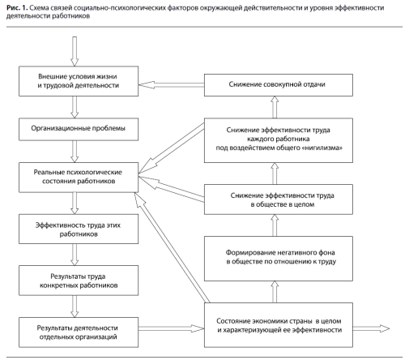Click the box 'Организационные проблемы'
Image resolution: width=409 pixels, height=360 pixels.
pyautogui.click(x=79, y=129)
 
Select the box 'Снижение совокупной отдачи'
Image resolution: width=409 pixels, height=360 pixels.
pyautogui.click(x=279, y=85)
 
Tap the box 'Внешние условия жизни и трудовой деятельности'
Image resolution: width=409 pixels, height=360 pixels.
pyautogui.click(x=79, y=81)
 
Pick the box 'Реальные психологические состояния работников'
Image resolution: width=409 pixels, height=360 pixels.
pyautogui.click(x=79, y=178)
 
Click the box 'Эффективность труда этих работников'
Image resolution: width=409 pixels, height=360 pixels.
pyautogui.click(x=79, y=229)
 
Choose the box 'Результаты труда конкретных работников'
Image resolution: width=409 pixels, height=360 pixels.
pyautogui.click(x=79, y=281)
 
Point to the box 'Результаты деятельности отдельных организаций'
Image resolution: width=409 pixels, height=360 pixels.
pyautogui.click(x=79, y=332)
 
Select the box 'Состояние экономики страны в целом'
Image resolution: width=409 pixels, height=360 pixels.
pyautogui.click(x=279, y=325)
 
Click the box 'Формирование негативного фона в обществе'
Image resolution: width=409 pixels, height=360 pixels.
pyautogui.click(x=279, y=259)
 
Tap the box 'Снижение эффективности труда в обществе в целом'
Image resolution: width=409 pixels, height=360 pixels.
pyautogui.click(x=279, y=199)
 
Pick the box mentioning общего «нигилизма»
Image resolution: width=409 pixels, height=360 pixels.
pyautogui.click(x=279, y=140)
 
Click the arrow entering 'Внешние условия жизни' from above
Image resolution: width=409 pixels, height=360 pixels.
pyautogui.click(x=75, y=51)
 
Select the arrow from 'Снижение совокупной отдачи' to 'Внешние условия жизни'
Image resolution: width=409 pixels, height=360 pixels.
pyautogui.click(x=171, y=85)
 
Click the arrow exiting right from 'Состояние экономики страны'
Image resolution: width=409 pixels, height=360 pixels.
pyautogui.click(x=371, y=328)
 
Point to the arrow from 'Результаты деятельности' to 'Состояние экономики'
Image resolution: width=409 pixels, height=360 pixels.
pyautogui.click(x=171, y=328)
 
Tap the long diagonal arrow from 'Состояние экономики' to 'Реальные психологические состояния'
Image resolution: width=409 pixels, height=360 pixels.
pyautogui.click(x=172, y=247)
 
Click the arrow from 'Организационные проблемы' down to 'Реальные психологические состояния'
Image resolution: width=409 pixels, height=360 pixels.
pyautogui.click(x=75, y=152)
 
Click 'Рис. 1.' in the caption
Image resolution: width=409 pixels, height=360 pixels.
pyautogui.click(x=17, y=8)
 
